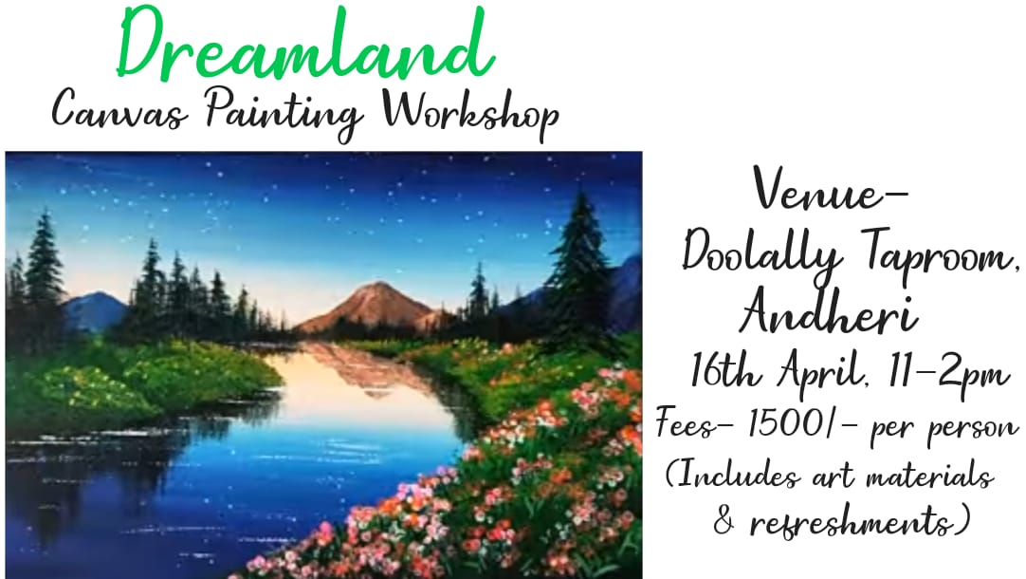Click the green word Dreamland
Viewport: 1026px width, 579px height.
(x=305, y=44)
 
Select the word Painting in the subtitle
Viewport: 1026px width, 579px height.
(x=284, y=113)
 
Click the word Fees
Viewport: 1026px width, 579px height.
(x=687, y=423)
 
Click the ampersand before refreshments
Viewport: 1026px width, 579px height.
(x=724, y=521)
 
